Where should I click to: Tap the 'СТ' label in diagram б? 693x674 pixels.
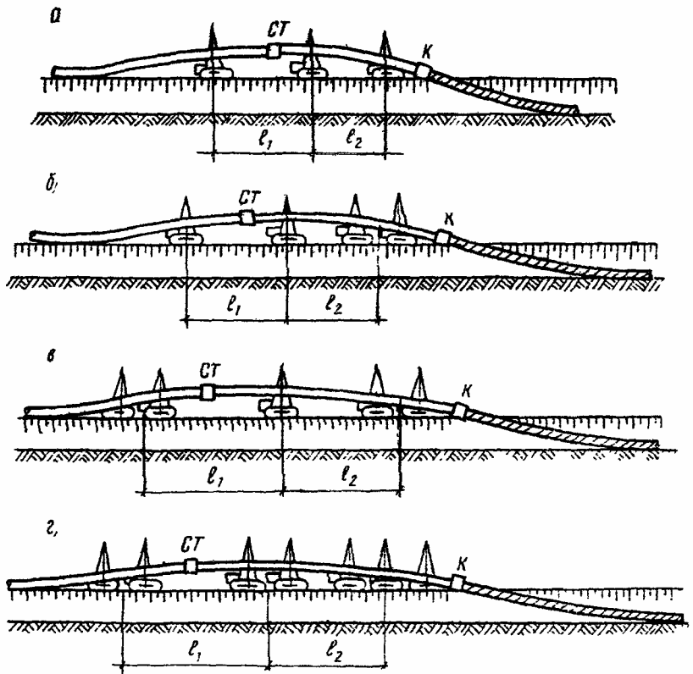coord(248,198)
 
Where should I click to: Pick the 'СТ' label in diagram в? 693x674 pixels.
coord(209,370)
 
